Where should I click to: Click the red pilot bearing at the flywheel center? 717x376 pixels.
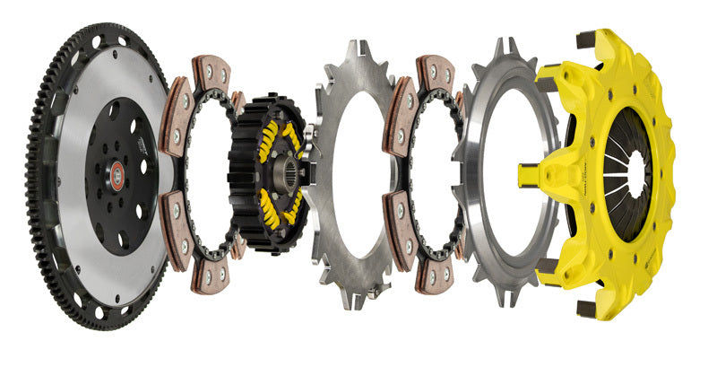[x=117, y=176]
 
